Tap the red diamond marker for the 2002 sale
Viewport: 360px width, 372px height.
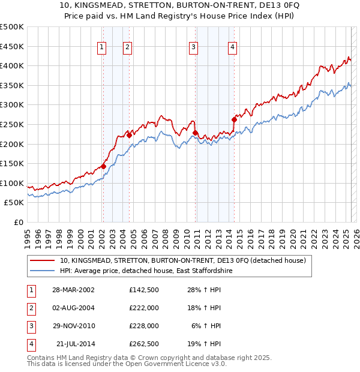[103, 166]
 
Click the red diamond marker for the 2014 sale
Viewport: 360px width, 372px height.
[234, 119]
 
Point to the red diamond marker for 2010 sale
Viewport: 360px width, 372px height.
[196, 133]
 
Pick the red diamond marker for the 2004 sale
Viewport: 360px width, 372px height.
[129, 135]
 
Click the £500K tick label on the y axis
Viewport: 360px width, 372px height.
[11, 27]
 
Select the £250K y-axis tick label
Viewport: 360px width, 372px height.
[11, 124]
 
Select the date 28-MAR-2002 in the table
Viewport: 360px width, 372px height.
[73, 289]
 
